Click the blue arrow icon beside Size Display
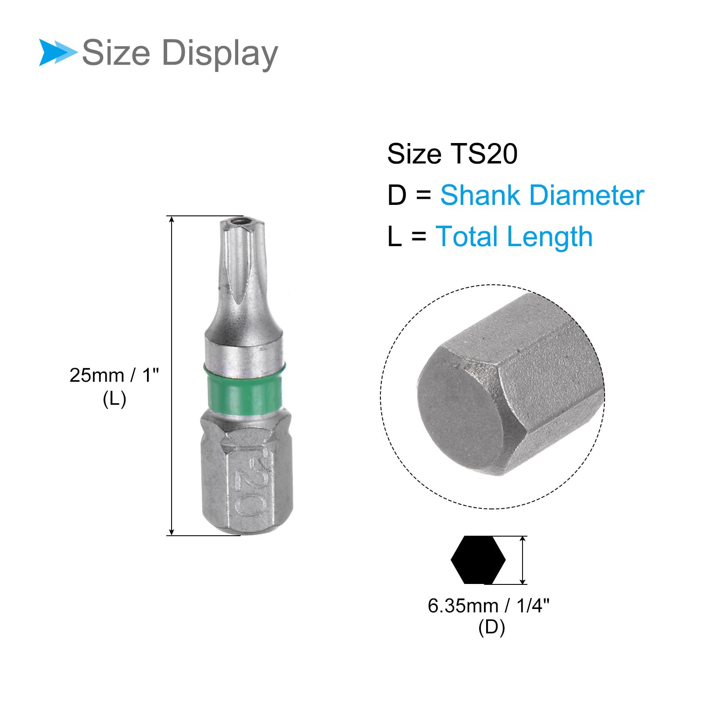(57, 53)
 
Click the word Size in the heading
(116, 53)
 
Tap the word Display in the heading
(220, 54)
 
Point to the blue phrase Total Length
(514, 236)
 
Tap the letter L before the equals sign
(394, 236)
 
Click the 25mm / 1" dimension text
(114, 376)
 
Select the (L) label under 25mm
(115, 399)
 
